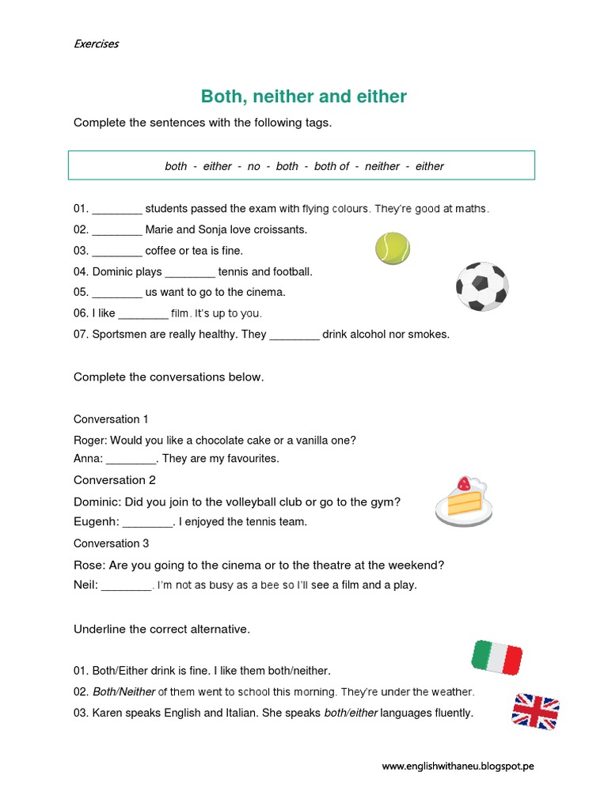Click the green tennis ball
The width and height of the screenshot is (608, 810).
click(392, 248)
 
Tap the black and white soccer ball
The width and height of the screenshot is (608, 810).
click(481, 286)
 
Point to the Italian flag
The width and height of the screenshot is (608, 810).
click(497, 657)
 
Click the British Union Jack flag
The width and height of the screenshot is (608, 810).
click(536, 710)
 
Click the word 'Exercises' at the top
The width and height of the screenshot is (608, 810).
click(96, 44)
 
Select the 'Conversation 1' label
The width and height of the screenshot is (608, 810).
click(111, 419)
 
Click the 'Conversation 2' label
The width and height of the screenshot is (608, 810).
click(115, 480)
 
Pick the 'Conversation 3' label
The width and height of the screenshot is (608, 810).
click(111, 543)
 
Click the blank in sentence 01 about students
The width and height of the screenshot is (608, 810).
click(117, 210)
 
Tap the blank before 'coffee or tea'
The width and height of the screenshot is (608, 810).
click(117, 252)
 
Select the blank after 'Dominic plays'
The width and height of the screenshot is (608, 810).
click(190, 272)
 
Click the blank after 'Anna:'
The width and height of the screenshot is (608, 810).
click(131, 459)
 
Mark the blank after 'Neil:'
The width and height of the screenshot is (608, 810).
click(127, 586)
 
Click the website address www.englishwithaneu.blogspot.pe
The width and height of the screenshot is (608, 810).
click(458, 766)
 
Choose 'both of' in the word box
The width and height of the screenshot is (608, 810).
click(332, 166)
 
